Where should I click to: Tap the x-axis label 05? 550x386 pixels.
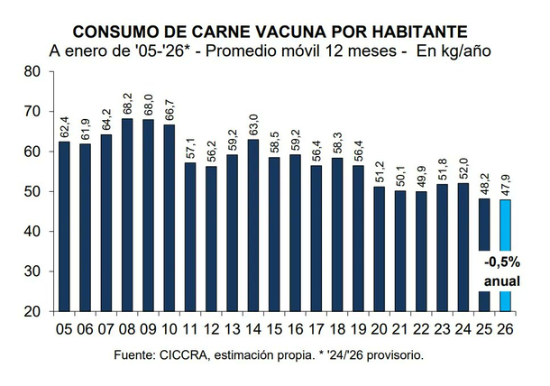pyautogui.click(x=63, y=329)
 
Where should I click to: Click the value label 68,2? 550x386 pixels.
pyautogui.click(x=127, y=103)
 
